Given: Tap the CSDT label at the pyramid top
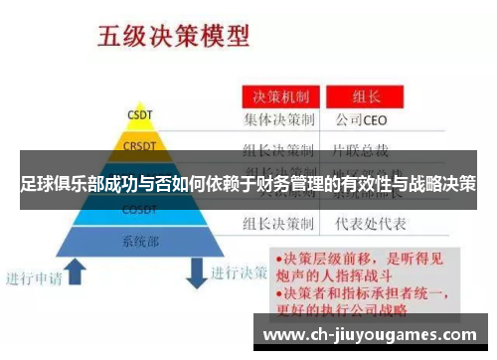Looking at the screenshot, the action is [139, 113].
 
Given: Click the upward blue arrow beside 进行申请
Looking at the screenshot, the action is [76, 268].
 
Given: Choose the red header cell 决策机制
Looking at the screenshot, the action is [279, 97].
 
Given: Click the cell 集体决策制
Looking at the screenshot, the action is [279, 120].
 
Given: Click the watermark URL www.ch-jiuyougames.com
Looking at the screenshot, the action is [369, 335].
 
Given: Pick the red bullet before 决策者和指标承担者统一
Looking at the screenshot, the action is [279, 293].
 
